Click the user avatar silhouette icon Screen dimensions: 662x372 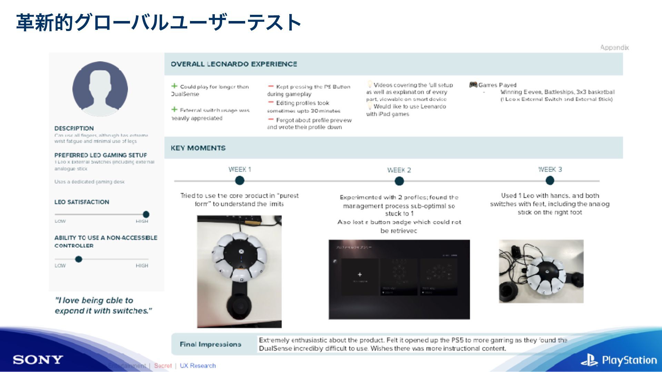[100, 89]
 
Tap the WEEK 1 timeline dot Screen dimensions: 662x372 [240, 180]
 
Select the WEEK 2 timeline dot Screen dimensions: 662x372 [399, 181]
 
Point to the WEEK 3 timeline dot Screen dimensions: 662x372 [550, 180]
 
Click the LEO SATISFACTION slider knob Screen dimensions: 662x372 [146, 214]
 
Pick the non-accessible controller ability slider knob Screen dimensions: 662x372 [79, 259]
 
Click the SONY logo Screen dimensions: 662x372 [38, 360]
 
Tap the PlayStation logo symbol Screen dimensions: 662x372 [589, 360]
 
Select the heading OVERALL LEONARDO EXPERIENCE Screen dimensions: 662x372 [234, 64]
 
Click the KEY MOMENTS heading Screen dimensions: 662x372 [198, 148]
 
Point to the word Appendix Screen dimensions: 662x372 [614, 48]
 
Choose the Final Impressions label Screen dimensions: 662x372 [210, 344]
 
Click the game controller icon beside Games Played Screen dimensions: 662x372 [473, 85]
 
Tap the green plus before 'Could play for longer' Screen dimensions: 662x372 [174, 86]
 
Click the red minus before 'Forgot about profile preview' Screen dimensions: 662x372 [271, 120]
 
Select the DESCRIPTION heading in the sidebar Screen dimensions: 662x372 [74, 128]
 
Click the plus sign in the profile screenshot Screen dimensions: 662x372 [360, 275]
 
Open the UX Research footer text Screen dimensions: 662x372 [198, 365]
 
